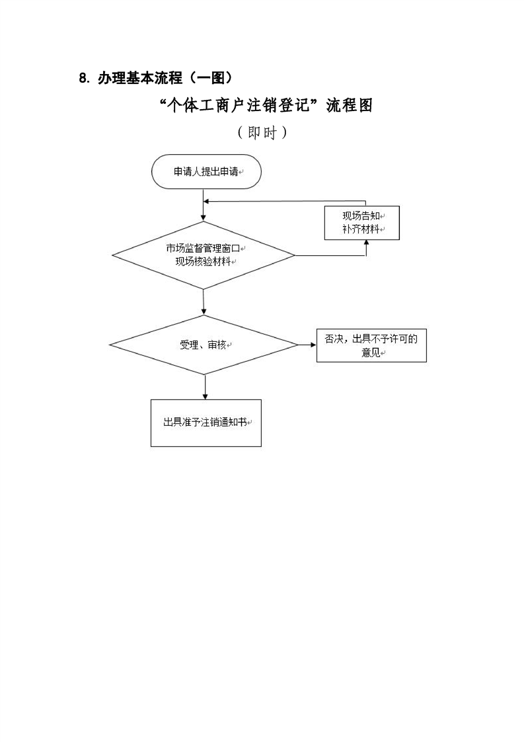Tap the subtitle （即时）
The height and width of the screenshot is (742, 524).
click(262, 132)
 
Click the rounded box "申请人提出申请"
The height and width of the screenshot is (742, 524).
click(206, 172)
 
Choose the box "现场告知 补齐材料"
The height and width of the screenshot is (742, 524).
click(361, 223)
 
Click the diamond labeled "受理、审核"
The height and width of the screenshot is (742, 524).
click(204, 345)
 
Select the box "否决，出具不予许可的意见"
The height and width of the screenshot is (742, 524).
click(371, 346)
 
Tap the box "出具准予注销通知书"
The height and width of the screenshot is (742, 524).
click(206, 423)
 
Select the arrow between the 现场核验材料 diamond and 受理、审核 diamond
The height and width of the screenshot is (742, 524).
click(204, 302)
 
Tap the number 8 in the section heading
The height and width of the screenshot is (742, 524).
click(83, 78)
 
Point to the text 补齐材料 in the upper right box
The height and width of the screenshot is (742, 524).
click(360, 229)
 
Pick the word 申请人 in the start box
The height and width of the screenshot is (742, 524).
click(185, 172)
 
